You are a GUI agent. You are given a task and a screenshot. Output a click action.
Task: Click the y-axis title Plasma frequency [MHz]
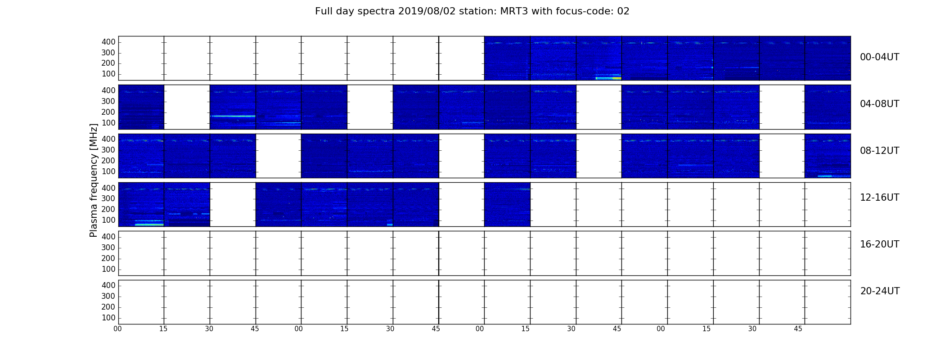[94, 180]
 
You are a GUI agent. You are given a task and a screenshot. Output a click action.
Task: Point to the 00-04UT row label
[879, 57]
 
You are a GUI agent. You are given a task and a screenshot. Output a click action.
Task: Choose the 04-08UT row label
[879, 104]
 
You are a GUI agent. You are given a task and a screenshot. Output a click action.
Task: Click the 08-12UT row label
[879, 151]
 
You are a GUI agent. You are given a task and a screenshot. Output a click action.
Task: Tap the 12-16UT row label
[879, 198]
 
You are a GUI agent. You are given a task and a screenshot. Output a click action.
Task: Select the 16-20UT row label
[879, 244]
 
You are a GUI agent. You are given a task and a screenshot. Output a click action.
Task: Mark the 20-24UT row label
[880, 291]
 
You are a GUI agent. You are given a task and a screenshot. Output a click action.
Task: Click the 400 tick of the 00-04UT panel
[108, 42]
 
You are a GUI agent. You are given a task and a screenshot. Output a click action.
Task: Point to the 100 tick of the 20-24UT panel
[108, 318]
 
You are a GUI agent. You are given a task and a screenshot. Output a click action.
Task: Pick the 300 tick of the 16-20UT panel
[108, 247]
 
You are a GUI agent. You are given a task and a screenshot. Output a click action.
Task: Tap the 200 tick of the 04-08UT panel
[108, 112]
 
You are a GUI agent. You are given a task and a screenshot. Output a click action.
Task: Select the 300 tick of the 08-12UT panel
[108, 150]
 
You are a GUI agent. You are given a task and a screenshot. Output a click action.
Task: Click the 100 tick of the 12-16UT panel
[108, 220]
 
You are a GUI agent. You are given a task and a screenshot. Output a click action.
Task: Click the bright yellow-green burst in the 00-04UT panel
[608, 78]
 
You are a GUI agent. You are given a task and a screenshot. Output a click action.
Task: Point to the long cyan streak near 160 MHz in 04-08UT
[233, 116]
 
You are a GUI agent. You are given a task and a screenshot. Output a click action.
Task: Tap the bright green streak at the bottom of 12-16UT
[149, 224]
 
